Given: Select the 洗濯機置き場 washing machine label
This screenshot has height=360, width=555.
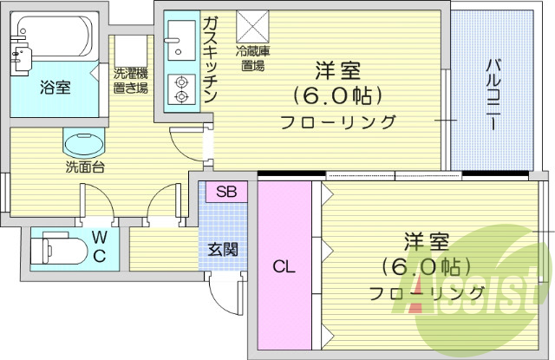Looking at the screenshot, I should (130, 80).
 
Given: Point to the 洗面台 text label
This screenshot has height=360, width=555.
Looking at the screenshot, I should (85, 167).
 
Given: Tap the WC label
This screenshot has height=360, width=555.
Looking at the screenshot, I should (100, 247).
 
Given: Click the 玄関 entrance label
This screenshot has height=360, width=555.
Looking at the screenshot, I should (223, 250).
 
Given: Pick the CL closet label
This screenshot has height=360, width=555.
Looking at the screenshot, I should (284, 267).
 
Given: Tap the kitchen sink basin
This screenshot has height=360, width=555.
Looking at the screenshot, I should (183, 36).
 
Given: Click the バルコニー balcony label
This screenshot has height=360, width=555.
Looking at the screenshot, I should (492, 94).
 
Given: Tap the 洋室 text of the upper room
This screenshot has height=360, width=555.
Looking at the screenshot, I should (337, 70).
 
